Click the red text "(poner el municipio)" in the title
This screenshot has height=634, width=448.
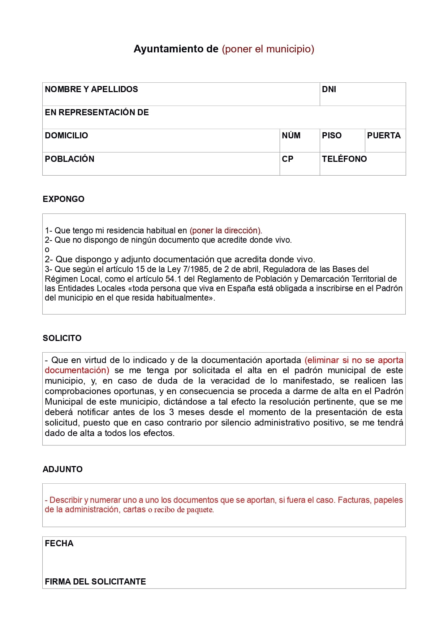pyautogui.click(x=268, y=49)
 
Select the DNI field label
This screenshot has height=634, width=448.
pyautogui.click(x=329, y=89)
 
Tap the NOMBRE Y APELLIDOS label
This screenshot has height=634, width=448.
pyautogui.click(x=91, y=89)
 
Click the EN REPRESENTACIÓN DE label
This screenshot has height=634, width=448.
pyautogui.click(x=97, y=112)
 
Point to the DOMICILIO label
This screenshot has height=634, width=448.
pyautogui.click(x=66, y=135)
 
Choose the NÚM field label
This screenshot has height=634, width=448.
pyautogui.click(x=291, y=135)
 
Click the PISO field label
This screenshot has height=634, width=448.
pyautogui.click(x=332, y=135)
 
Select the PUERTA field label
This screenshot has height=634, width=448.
pyautogui.click(x=384, y=135)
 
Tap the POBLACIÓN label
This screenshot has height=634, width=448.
pyautogui.click(x=69, y=159)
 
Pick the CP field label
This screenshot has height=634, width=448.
pyautogui.click(x=288, y=159)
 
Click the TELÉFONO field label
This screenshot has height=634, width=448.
pyautogui.click(x=344, y=159)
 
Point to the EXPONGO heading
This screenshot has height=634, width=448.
pyautogui.click(x=64, y=199)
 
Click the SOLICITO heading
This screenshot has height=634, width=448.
pyautogui.click(x=62, y=338)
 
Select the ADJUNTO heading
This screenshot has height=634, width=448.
pyautogui.click(x=63, y=469)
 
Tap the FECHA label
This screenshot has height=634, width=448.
pyautogui.click(x=59, y=543)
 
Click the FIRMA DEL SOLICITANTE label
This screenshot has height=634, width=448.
pyautogui.click(x=95, y=582)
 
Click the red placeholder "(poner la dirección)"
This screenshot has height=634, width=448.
pyautogui.click(x=226, y=230)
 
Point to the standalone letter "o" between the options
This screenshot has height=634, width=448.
pyautogui.click(x=47, y=250)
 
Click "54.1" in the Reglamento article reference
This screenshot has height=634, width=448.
pyautogui.click(x=173, y=279)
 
